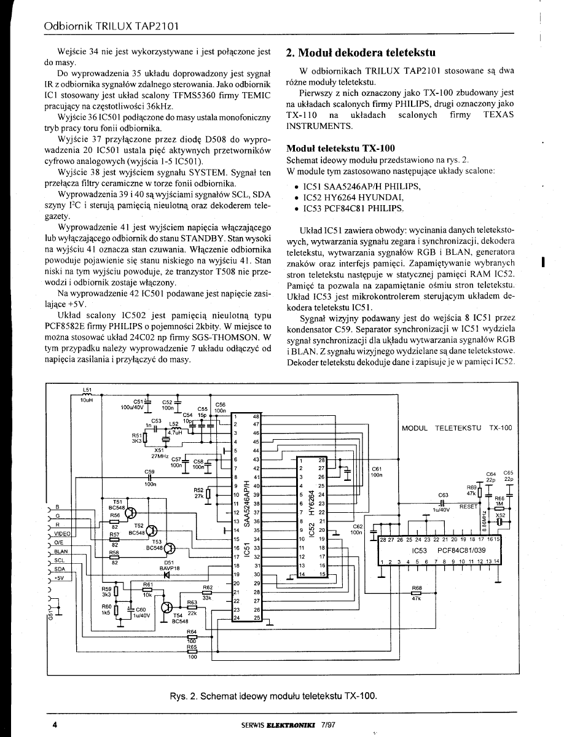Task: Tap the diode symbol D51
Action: [x=166, y=575]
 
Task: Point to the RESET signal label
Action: [x=468, y=507]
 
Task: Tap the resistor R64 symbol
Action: [x=192, y=638]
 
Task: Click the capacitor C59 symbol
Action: [x=149, y=478]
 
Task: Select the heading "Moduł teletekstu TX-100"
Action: [x=340, y=149]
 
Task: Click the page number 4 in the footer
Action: [x=55, y=725]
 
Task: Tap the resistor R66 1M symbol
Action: [x=499, y=509]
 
